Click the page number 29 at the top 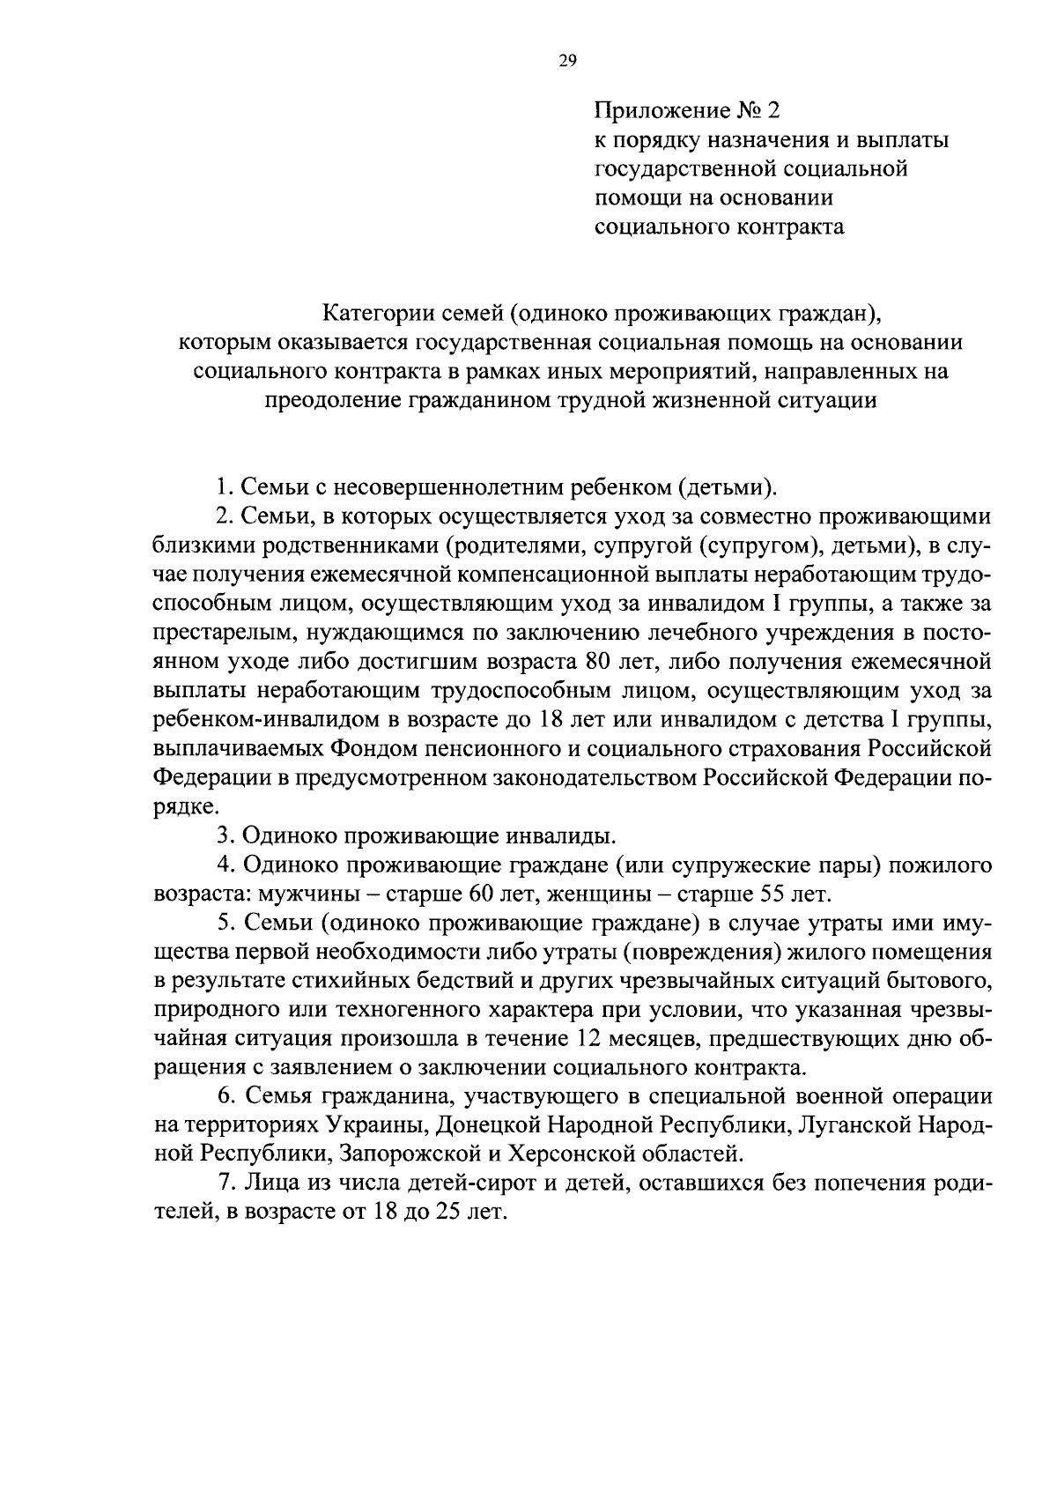(x=566, y=61)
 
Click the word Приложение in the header (x=657, y=111)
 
